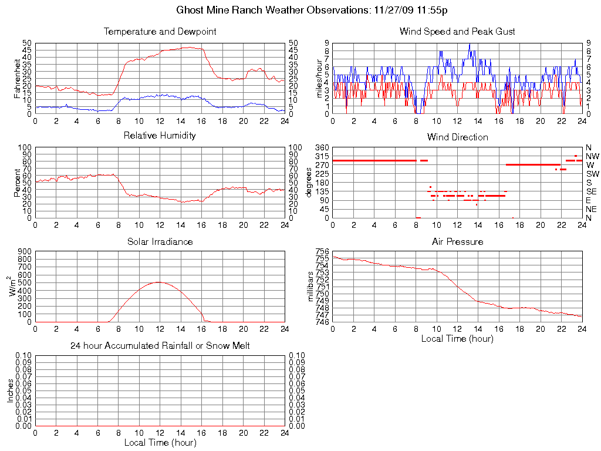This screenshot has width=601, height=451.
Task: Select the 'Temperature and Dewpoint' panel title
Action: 160,32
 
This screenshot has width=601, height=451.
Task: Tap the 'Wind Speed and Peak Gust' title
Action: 457,32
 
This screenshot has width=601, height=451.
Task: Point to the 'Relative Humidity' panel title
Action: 160,136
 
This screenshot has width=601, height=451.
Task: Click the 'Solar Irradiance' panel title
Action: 160,241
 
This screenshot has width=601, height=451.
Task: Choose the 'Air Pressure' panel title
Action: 457,241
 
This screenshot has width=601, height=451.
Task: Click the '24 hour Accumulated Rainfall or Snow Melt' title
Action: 160,346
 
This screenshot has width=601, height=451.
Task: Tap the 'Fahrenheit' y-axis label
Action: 17,78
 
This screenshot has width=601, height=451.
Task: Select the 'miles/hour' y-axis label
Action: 320,78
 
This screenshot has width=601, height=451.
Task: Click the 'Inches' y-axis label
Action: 10,391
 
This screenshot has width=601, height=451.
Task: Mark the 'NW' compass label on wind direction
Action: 592,156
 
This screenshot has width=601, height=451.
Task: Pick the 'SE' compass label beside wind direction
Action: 592,191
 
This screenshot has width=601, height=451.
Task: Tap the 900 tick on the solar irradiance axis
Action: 24,251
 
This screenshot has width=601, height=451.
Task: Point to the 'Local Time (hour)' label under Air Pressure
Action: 457,338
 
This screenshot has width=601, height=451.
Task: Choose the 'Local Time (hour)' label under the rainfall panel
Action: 160,442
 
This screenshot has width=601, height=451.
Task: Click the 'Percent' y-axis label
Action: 17,183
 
